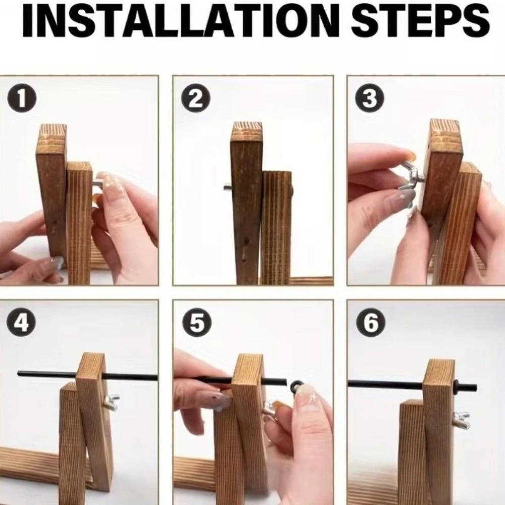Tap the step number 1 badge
21,98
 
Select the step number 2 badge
196,98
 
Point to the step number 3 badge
370,98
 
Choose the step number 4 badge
21,323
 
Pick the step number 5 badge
196,323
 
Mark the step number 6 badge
370,323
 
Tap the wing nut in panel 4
112,401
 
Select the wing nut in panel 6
460,419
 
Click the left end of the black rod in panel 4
19,373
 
